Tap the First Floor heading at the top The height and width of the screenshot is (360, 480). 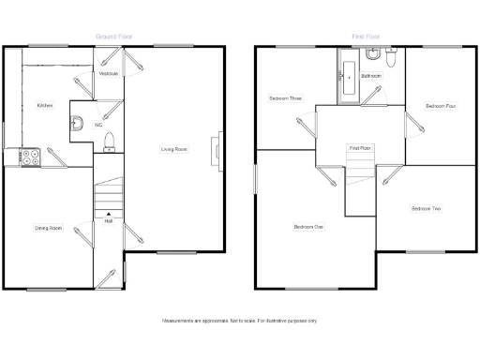click(x=364, y=37)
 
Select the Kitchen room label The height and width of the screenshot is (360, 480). click(x=45, y=106)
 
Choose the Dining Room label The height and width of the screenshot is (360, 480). click(x=49, y=228)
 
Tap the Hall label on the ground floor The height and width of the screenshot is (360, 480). click(x=109, y=221)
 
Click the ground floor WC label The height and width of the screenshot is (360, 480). click(x=97, y=125)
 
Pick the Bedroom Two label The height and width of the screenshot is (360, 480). click(x=426, y=208)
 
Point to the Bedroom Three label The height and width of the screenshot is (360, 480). click(x=285, y=97)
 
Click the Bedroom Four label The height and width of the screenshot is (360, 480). click(x=440, y=106)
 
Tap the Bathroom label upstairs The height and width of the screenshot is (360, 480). click(x=371, y=75)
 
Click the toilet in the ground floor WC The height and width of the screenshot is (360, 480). click(x=109, y=142)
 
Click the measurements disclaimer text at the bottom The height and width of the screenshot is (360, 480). click(x=240, y=321)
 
